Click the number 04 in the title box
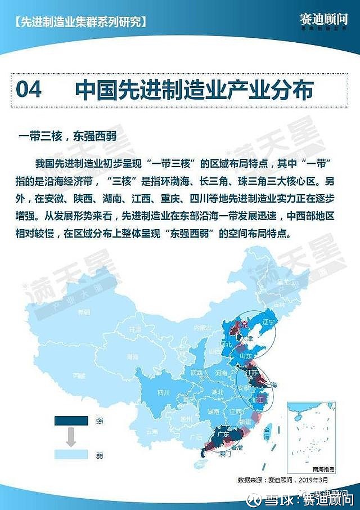click(29, 90)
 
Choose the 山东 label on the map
click(246, 356)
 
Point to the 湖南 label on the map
click(213, 411)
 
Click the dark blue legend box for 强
click(71, 420)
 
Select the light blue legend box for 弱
click(71, 454)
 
